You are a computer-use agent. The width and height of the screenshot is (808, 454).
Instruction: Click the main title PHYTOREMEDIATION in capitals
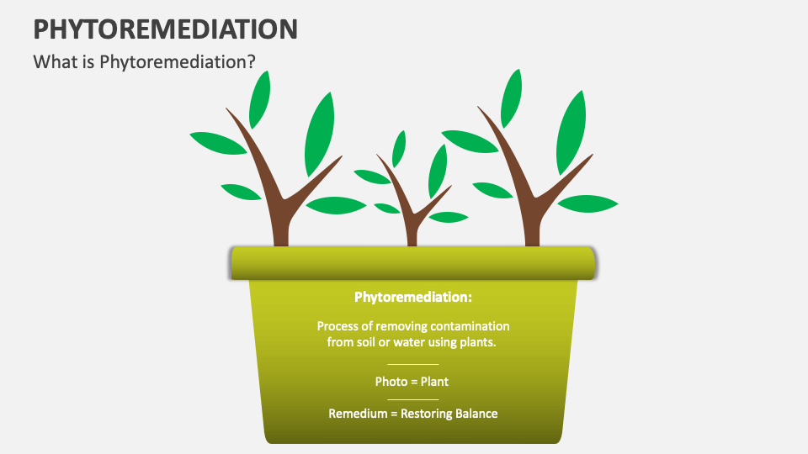point(165,29)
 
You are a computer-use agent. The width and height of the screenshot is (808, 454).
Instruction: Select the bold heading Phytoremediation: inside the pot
point(412,297)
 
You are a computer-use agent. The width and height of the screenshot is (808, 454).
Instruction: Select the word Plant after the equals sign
point(434,381)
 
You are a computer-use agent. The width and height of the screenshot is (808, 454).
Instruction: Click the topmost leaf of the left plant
point(260,98)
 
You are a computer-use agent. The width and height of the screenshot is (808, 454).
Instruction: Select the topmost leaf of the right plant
point(511,97)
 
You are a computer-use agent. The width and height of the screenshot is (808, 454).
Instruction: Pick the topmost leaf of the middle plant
point(399,148)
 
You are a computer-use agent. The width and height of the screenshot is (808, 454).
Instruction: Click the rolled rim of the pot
point(412,263)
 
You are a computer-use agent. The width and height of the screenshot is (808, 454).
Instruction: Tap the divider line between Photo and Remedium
point(412,399)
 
